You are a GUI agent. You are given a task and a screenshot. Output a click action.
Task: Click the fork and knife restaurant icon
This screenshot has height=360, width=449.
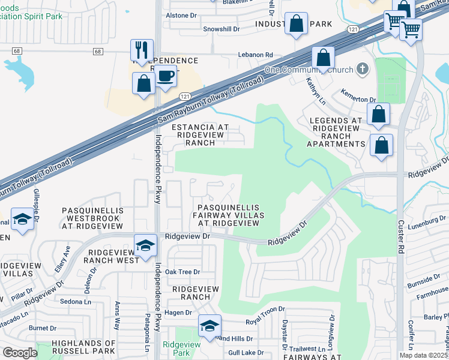[142, 50]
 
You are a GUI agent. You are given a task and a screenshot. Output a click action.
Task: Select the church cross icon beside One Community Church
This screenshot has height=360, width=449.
[361, 69]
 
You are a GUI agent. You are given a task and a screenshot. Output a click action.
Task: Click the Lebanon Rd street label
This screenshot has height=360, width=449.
[256, 55]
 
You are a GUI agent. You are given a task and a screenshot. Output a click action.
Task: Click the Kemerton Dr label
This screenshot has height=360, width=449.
[358, 100]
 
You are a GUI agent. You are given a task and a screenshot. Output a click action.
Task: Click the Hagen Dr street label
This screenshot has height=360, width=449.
[178, 313]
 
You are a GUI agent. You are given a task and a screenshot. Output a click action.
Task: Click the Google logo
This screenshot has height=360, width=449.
[20, 353]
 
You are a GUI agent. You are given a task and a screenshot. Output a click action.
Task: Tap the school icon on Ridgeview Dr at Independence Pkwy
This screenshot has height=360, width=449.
[145, 245]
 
